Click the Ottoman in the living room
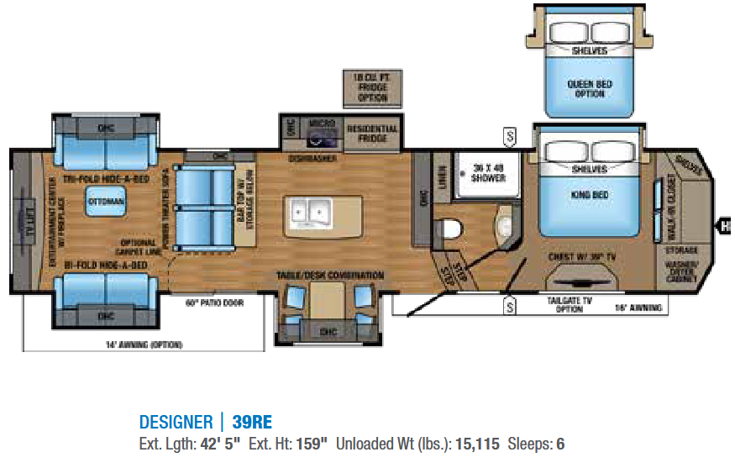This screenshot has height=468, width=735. pyautogui.click(x=105, y=202)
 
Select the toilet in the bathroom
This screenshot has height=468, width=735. pyautogui.click(x=450, y=227)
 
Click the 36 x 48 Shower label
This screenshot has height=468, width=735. pyautogui.click(x=488, y=172)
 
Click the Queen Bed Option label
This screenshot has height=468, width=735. pyautogui.click(x=590, y=89)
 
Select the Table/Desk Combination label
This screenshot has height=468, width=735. pyautogui.click(x=329, y=276)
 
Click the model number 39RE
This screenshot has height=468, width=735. pyautogui.click(x=252, y=422)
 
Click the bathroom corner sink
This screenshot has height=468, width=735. pyautogui.click(x=502, y=226)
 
